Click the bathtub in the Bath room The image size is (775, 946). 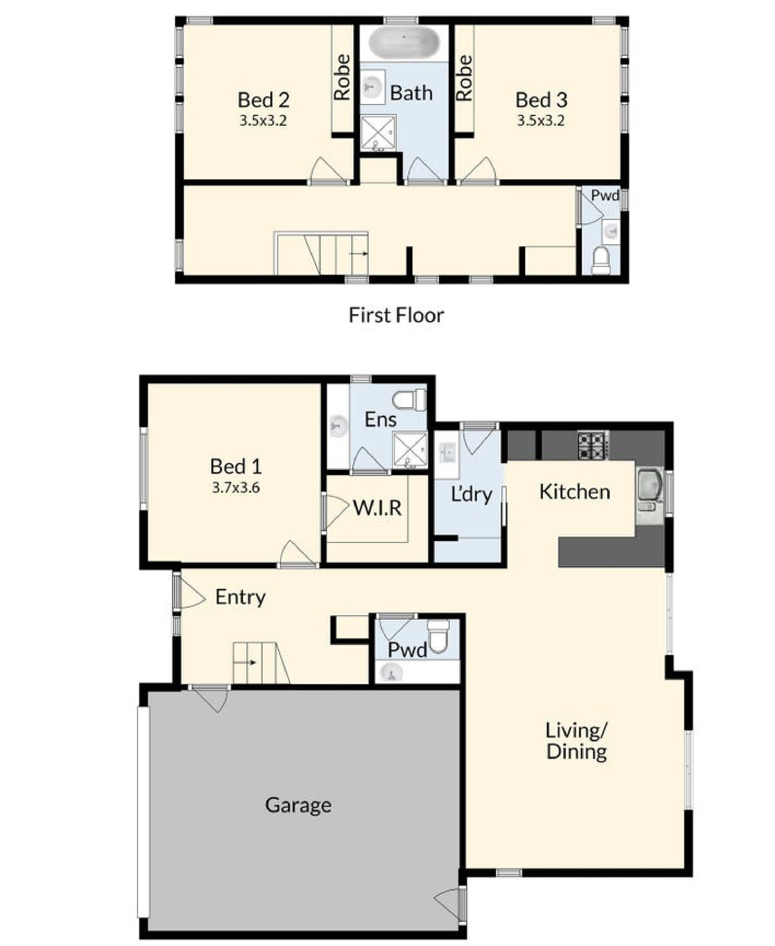click(x=404, y=43)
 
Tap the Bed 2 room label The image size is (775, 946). click(x=263, y=100)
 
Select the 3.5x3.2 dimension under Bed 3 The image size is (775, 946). click(x=541, y=121)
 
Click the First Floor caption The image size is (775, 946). click(x=396, y=315)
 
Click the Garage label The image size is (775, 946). click(x=298, y=805)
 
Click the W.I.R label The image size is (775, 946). click(x=377, y=508)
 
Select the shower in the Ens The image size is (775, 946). click(x=410, y=451)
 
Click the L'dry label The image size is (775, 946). click(x=472, y=494)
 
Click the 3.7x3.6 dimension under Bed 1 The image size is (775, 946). click(x=236, y=487)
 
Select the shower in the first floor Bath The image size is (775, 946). click(x=378, y=133)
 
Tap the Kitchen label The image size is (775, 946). click(x=575, y=492)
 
